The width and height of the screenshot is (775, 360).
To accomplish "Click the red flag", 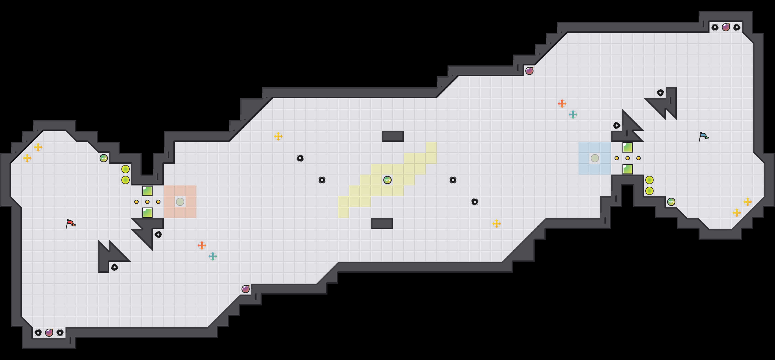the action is click(x=70, y=223).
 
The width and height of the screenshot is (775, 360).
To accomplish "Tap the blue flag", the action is click(x=704, y=136).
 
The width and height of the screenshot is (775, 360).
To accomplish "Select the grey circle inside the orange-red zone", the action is click(x=180, y=202).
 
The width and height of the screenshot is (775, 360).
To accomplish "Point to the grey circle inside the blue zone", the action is click(x=595, y=158).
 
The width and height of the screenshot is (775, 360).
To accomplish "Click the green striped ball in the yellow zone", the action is click(x=387, y=180).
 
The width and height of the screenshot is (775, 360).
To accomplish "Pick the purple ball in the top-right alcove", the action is click(x=726, y=27).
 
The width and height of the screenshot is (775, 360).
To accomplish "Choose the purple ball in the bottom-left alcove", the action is click(x=49, y=332).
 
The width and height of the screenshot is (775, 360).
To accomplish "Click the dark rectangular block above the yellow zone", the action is click(x=393, y=136).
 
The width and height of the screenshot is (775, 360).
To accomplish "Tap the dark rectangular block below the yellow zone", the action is click(x=382, y=223).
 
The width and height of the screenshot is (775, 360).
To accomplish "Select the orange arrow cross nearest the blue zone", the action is click(x=562, y=103).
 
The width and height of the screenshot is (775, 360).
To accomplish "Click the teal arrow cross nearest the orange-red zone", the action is click(x=213, y=256).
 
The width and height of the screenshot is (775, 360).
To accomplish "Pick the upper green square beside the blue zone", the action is click(x=627, y=147).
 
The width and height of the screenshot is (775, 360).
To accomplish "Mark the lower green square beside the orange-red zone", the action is click(x=147, y=213).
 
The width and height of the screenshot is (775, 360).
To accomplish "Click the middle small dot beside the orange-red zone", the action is click(x=147, y=202).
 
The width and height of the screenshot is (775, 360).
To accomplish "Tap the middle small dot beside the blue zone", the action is click(x=627, y=158).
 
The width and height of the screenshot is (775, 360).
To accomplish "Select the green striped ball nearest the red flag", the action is click(x=103, y=158).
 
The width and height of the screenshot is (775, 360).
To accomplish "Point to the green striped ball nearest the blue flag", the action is click(x=671, y=202).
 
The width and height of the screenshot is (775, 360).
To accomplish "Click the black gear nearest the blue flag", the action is click(x=660, y=93).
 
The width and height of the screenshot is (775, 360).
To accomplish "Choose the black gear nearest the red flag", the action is click(x=114, y=267).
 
